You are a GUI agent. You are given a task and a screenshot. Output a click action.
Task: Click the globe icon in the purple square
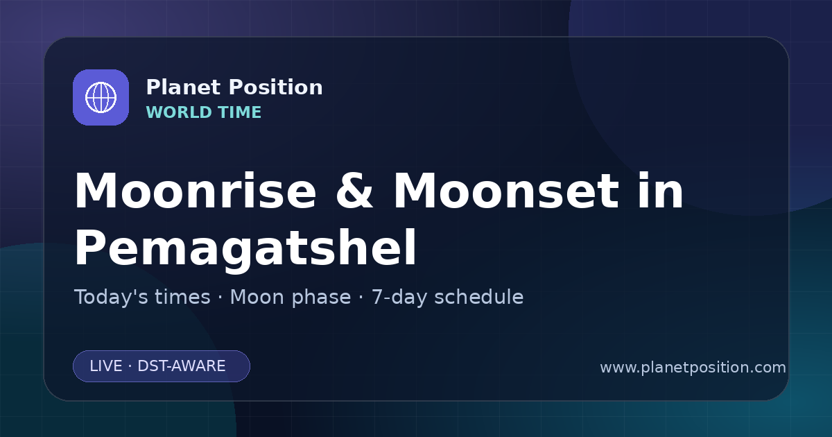point(101,97)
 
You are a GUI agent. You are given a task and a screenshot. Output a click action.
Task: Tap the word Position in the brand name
point(276,87)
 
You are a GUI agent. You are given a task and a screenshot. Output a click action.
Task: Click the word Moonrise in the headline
point(196,191)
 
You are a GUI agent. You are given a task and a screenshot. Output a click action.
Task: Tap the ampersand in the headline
point(354,191)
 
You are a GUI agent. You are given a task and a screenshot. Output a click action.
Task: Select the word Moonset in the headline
point(506,191)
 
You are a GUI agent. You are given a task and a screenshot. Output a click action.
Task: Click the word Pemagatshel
point(245,248)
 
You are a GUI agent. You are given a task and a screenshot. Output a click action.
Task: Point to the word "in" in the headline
point(660,190)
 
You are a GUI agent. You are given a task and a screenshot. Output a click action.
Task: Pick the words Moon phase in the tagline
point(291,298)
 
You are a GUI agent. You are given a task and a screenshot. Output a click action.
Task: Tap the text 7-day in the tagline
point(399,298)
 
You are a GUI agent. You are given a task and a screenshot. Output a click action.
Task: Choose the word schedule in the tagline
point(479,297)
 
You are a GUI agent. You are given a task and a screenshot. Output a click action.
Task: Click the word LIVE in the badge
point(106,366)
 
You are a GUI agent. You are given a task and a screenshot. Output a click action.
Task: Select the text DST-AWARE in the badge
point(181,366)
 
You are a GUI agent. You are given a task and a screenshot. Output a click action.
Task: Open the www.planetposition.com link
point(693,368)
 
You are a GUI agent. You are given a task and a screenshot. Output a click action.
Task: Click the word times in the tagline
point(182,297)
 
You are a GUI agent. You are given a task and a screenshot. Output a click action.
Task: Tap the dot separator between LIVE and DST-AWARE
point(130,366)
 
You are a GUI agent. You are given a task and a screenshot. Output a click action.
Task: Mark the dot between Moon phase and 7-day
point(361,298)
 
